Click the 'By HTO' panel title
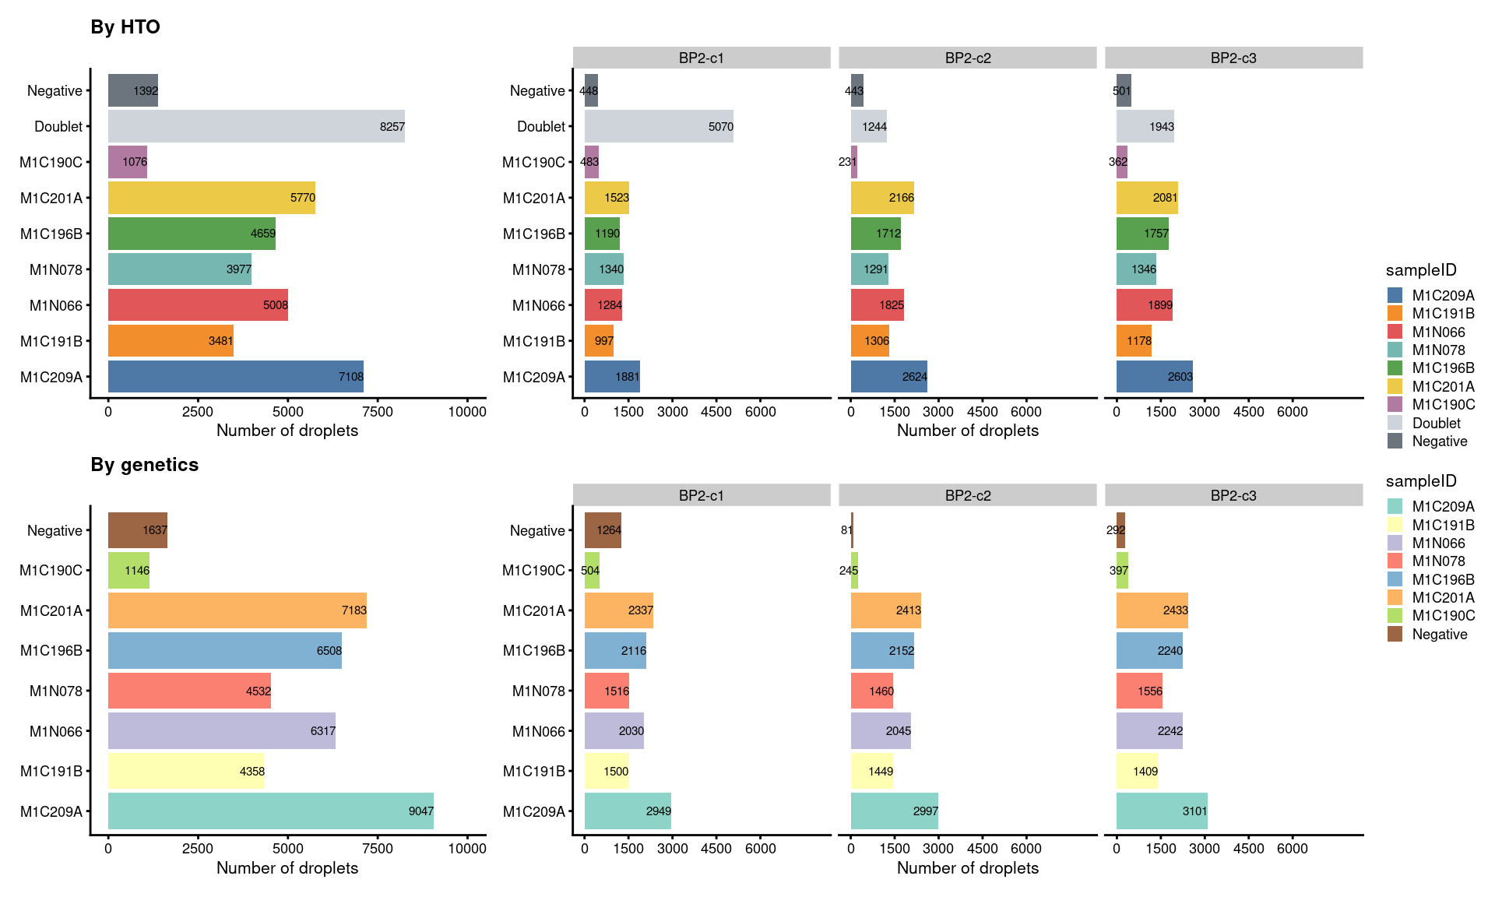[x=125, y=27]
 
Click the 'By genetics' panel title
[x=145, y=465]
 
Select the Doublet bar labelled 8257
[x=256, y=126]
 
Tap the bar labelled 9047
[x=270, y=811]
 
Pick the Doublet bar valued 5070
[x=659, y=126]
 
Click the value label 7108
[x=350, y=377]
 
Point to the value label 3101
[x=1194, y=811]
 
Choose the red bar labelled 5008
[x=198, y=305]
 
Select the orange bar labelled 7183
[x=237, y=610]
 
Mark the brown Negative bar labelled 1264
[x=603, y=530]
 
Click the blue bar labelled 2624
[x=888, y=377]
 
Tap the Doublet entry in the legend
[x=1436, y=423]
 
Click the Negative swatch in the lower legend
[x=1395, y=634]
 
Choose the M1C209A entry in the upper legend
[x=1442, y=295]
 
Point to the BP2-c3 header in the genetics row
[x=1233, y=495]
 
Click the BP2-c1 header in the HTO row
[x=702, y=58]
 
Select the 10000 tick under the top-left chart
[x=467, y=412]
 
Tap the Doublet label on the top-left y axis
[x=58, y=126]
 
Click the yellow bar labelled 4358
[x=186, y=771]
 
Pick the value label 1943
[x=1161, y=127]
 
